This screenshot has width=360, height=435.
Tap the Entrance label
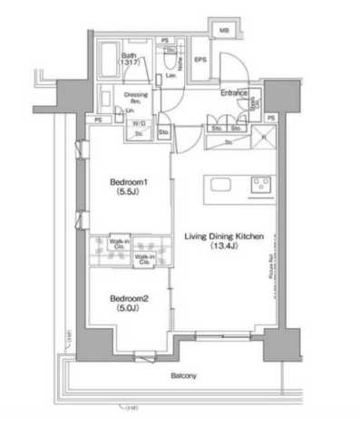(235, 92)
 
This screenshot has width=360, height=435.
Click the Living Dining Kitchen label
(224, 236)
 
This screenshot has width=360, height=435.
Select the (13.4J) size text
(224, 246)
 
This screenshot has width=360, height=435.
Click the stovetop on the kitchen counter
(258, 185)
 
